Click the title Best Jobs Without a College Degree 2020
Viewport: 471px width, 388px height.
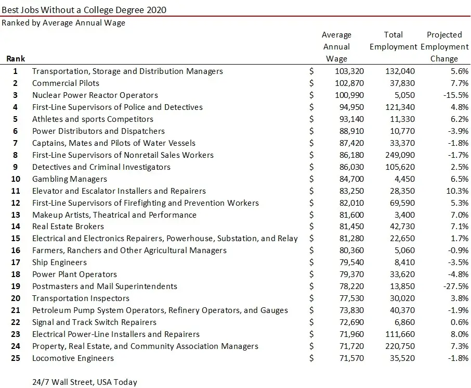click(85, 9)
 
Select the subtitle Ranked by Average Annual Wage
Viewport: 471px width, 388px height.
click(63, 23)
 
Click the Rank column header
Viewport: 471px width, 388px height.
click(16, 59)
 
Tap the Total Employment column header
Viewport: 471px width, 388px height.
click(393, 41)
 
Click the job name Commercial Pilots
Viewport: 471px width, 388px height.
click(66, 83)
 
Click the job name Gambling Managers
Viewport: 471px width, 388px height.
click(69, 179)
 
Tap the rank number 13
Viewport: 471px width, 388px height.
click(16, 215)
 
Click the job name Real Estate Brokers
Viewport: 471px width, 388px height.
click(68, 227)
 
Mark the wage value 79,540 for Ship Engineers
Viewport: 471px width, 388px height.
click(350, 262)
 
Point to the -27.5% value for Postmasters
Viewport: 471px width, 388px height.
click(453, 286)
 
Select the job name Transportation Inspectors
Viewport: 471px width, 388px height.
click(81, 298)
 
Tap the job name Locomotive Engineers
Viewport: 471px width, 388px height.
click(73, 358)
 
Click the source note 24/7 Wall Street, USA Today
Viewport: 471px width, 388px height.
click(85, 382)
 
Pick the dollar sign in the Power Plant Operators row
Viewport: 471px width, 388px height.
click(311, 274)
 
